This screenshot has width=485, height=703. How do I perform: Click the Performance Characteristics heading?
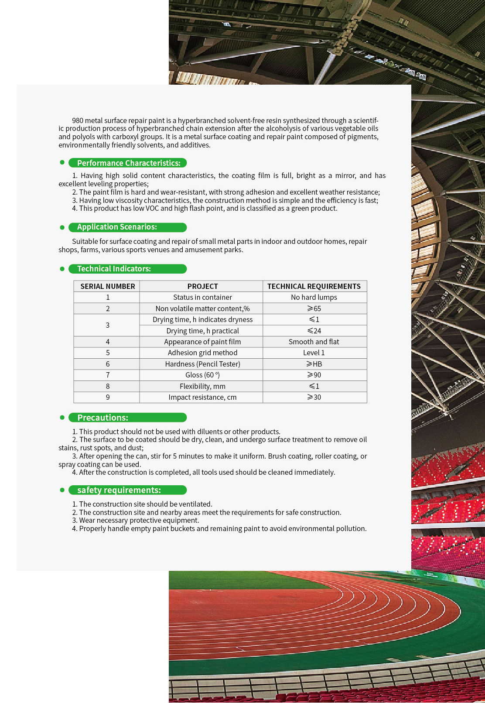tap(128, 163)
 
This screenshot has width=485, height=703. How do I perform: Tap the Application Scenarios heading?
tap(117, 227)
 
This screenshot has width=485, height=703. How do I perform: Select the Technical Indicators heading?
tap(114, 269)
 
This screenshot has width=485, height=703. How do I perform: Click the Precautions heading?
tap(102, 418)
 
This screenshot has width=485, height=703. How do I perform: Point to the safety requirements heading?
tap(119, 490)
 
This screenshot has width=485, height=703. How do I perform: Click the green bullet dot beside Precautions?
tap(62, 418)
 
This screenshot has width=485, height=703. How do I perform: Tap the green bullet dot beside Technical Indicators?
tap(62, 269)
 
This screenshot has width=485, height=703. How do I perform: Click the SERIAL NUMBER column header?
tap(107, 286)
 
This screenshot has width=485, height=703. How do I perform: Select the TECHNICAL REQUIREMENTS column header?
tap(314, 286)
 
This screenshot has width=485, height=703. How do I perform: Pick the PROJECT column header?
tap(202, 286)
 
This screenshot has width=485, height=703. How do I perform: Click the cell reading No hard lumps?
tap(314, 297)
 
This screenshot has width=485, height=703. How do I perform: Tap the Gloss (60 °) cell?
tap(202, 375)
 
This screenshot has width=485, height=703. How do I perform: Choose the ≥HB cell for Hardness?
tap(314, 364)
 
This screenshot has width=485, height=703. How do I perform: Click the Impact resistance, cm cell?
tap(202, 397)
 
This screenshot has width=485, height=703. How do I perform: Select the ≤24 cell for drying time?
tap(314, 331)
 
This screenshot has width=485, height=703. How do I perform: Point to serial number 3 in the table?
tap(107, 325)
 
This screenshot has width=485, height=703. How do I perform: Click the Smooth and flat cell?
tap(314, 342)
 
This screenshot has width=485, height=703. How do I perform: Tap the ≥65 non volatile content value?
tap(314, 309)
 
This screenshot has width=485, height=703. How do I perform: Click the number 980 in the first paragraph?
tap(78, 120)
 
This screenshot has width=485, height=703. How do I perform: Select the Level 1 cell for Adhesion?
tap(314, 353)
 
